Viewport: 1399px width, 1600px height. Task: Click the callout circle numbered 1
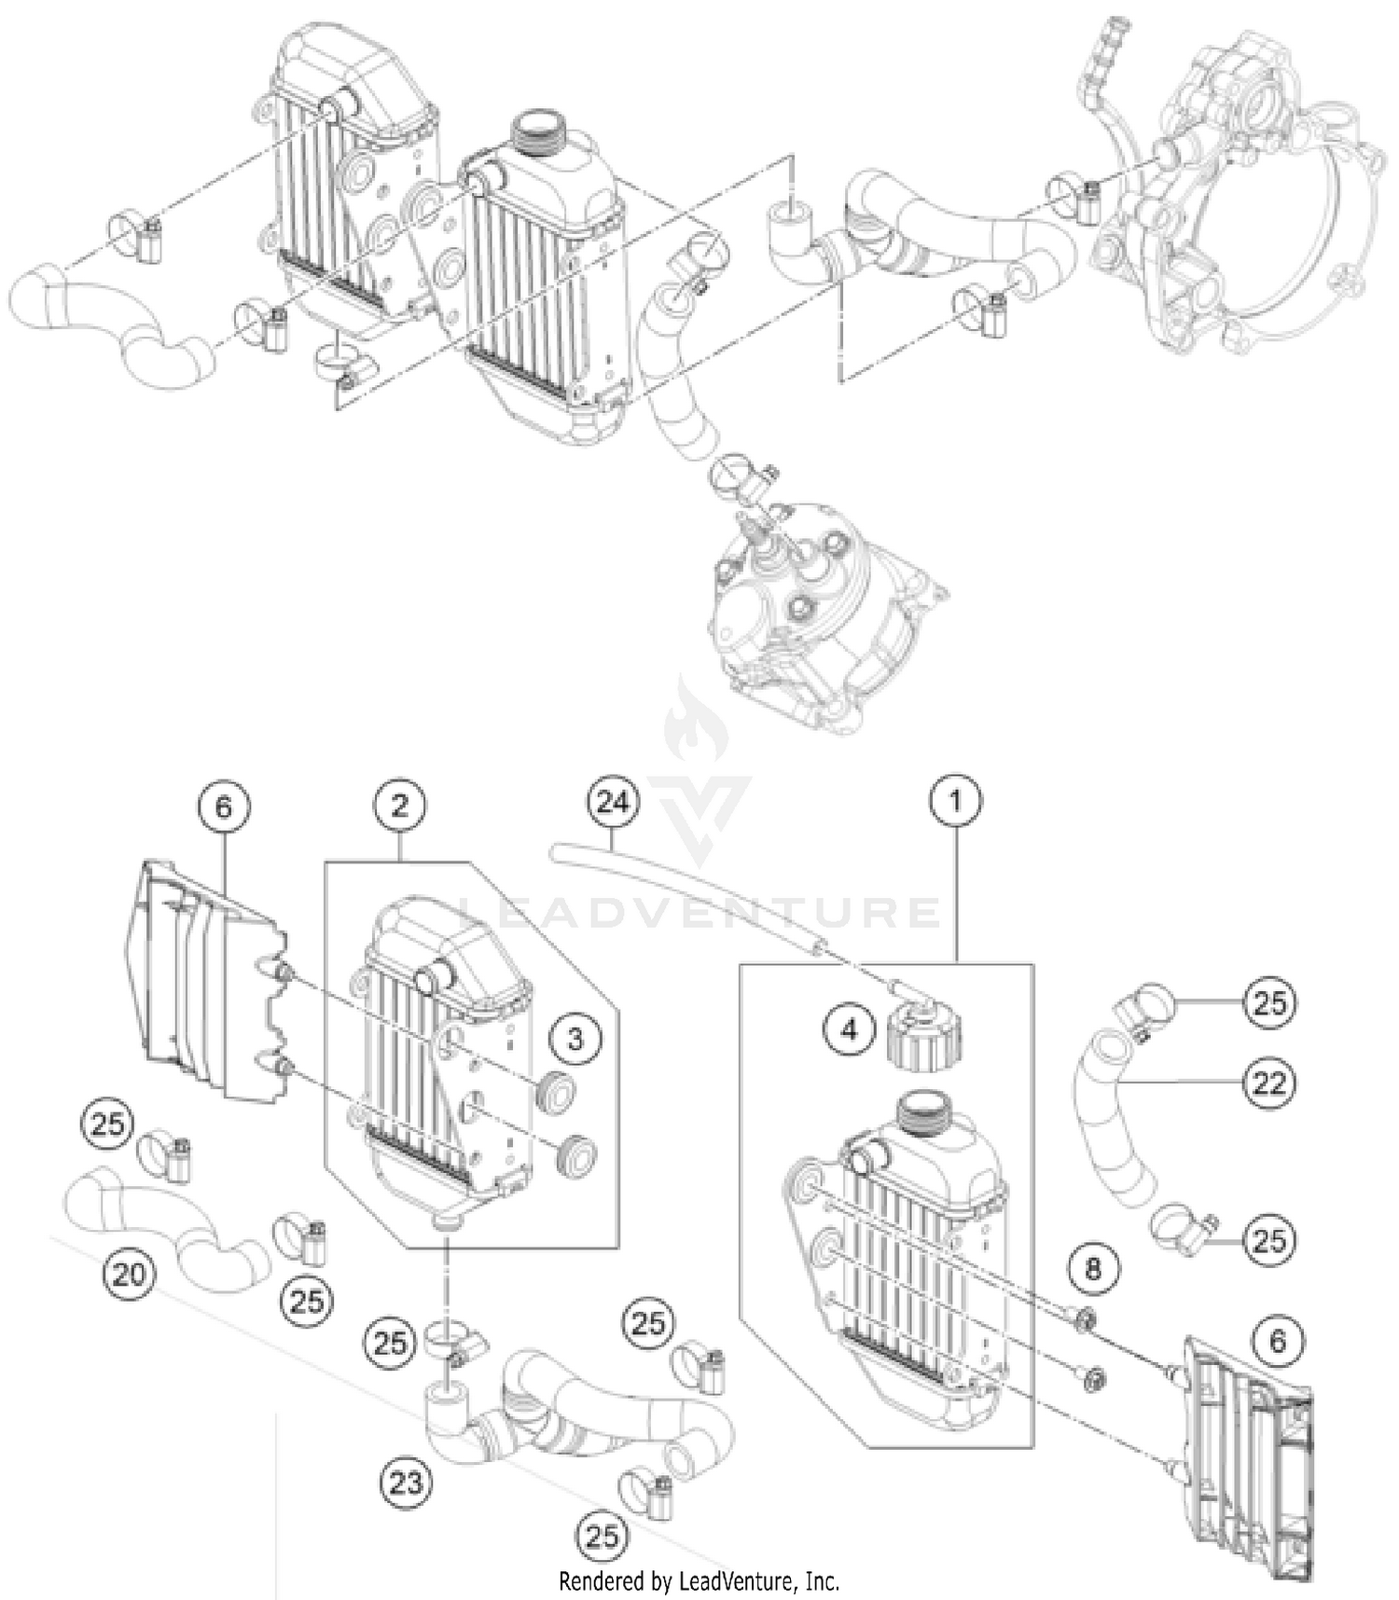(x=955, y=801)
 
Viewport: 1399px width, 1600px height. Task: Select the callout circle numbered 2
(x=400, y=805)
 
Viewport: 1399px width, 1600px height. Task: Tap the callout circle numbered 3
(x=575, y=1038)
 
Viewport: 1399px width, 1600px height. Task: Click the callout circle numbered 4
(x=849, y=1029)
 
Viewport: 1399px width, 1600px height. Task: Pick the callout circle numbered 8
(x=1092, y=1268)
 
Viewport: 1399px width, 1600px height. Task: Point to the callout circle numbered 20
(x=129, y=1273)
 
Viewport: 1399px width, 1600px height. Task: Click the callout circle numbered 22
(x=1269, y=1083)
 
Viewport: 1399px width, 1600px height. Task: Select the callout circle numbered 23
(x=407, y=1482)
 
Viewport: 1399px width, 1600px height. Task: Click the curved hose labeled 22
(x=1119, y=1119)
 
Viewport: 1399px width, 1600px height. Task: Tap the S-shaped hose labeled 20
(x=168, y=1221)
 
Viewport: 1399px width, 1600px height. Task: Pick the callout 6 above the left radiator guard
(x=224, y=806)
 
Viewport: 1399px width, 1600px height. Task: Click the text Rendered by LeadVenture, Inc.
(x=699, y=1580)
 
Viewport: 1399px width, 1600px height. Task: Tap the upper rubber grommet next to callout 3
(x=557, y=1093)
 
